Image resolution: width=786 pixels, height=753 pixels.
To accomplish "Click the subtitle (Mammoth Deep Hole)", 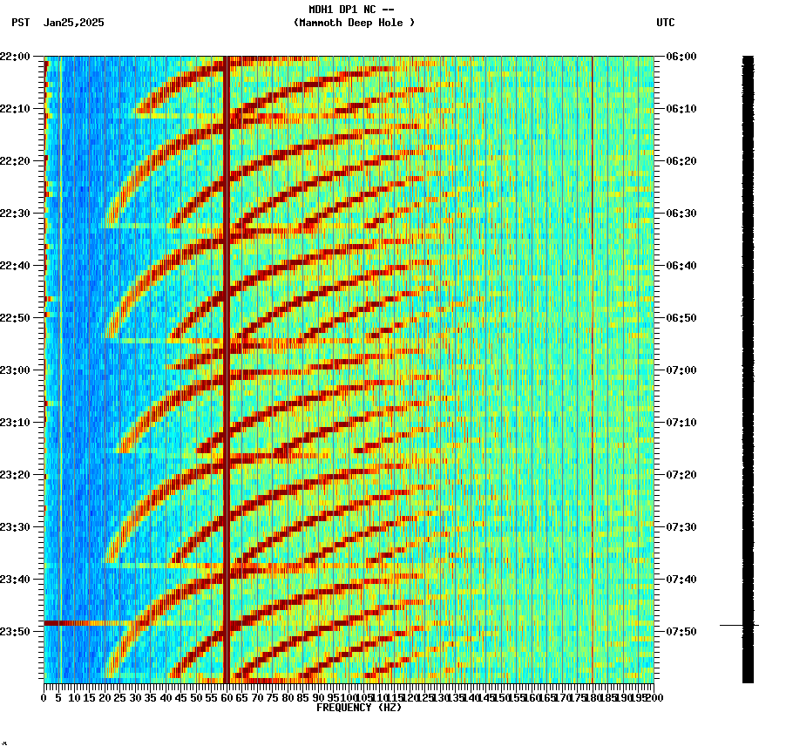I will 354,23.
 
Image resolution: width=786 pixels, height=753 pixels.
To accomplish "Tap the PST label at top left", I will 21,23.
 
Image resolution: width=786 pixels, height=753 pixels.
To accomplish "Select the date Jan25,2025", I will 73,23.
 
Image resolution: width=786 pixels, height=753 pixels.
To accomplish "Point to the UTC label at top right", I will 665,23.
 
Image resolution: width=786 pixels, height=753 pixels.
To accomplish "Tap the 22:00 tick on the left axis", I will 16,57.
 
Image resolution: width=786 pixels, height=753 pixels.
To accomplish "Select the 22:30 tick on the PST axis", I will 16,214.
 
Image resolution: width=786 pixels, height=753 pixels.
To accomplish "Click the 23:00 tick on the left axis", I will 16,370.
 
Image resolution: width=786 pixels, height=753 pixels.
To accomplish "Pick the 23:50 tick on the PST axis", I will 16,631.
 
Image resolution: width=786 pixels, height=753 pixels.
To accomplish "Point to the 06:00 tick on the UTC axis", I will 681,57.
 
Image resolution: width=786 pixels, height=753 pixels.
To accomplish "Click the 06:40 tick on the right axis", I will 681,266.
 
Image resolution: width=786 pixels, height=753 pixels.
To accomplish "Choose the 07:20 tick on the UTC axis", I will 681,475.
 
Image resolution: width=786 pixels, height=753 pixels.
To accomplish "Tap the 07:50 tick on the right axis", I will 681,631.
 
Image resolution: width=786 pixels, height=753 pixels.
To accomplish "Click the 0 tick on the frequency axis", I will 44,697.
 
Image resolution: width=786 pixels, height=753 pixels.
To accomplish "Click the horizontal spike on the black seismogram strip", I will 739,625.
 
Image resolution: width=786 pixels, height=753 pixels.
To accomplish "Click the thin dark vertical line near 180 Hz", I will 593,349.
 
